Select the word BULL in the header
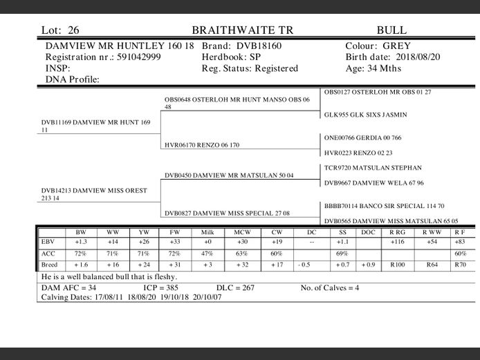coord(391,30)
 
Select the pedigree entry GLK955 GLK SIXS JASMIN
coord(365,115)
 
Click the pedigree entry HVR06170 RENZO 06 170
coord(203,145)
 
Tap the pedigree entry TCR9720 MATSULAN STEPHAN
coord(373,168)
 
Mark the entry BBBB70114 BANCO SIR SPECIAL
coord(385,206)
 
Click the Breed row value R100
coord(397,265)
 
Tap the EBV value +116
coord(397,243)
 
